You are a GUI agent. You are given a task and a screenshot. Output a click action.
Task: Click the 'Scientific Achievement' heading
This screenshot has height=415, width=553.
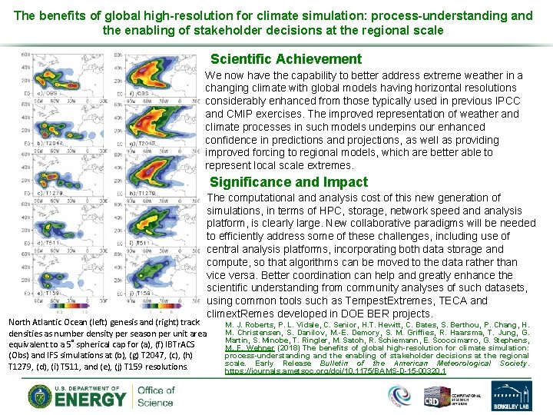(286, 59)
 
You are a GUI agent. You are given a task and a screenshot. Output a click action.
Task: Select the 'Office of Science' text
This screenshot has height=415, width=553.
(155, 396)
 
